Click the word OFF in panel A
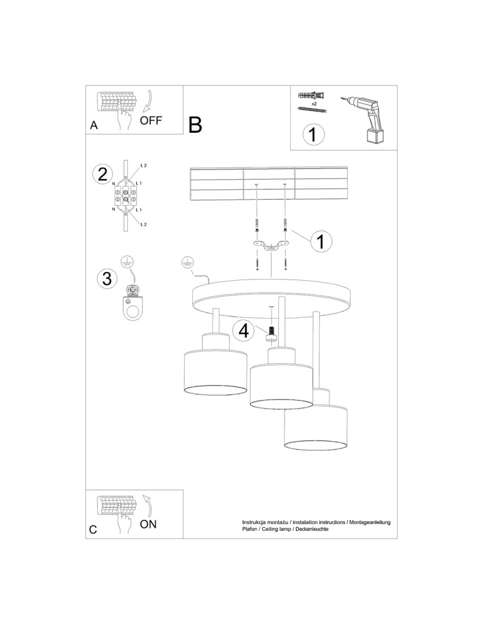tap(151, 120)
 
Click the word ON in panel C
tap(148, 524)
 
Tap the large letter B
tap(195, 125)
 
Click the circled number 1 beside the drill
tap(314, 134)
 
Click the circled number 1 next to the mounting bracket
tap(320, 241)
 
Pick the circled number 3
tap(107, 278)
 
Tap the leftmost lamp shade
tap(215, 373)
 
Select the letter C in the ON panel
tap(93, 530)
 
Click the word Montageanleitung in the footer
tap(369, 521)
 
